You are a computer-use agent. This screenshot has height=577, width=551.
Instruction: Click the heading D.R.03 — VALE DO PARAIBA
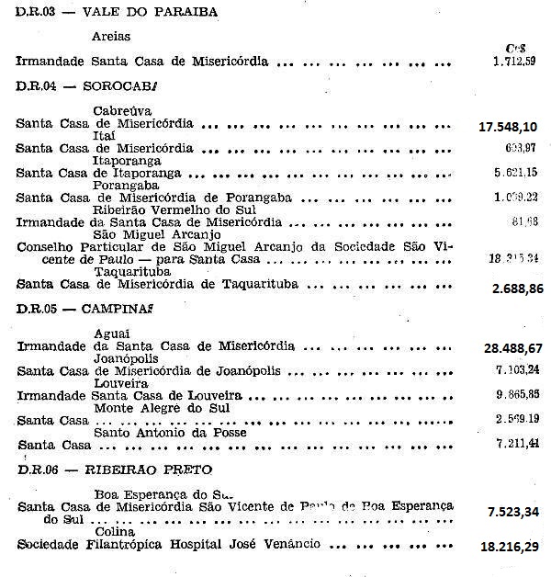coord(91,12)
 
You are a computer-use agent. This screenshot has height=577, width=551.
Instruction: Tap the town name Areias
coord(111,39)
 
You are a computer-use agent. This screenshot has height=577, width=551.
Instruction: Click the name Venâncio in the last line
coord(288,544)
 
